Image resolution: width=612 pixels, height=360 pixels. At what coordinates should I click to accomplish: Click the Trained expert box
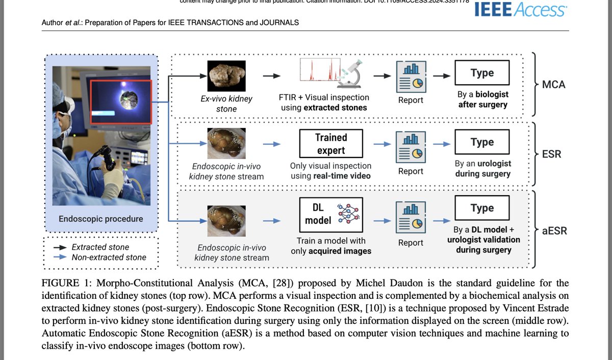pos(330,144)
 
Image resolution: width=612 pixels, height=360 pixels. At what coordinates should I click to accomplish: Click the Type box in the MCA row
pos(482,73)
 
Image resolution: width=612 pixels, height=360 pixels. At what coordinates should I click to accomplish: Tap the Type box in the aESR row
pos(482,208)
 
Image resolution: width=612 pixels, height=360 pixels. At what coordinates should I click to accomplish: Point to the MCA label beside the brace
pos(554,84)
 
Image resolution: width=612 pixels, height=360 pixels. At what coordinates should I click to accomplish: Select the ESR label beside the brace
pos(551,153)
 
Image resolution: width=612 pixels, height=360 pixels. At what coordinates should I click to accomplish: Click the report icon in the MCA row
pos(411,75)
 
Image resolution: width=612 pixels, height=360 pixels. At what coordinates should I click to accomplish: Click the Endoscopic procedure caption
pos(101,219)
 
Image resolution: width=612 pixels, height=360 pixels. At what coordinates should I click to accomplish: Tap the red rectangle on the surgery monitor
pos(121,102)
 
